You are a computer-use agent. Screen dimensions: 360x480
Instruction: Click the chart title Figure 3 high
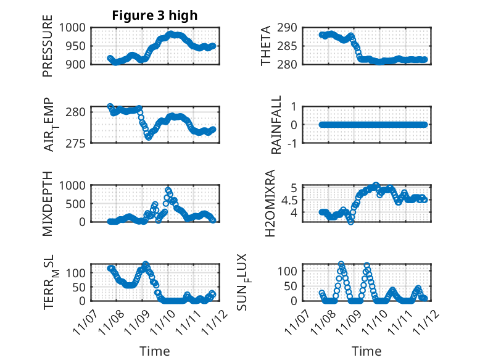154,15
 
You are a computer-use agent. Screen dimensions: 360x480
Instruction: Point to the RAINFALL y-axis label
277,125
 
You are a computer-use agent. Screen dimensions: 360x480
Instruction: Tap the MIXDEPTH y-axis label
48,203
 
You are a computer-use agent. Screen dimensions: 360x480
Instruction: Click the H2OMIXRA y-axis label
270,203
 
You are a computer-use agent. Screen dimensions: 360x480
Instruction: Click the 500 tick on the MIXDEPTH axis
77,203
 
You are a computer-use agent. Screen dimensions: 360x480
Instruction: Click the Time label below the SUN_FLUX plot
366,351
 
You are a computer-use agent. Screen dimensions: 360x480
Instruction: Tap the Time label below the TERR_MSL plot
154,351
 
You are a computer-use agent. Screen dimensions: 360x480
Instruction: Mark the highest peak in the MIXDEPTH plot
168,190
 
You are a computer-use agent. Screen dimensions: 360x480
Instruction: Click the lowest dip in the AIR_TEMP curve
148,138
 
